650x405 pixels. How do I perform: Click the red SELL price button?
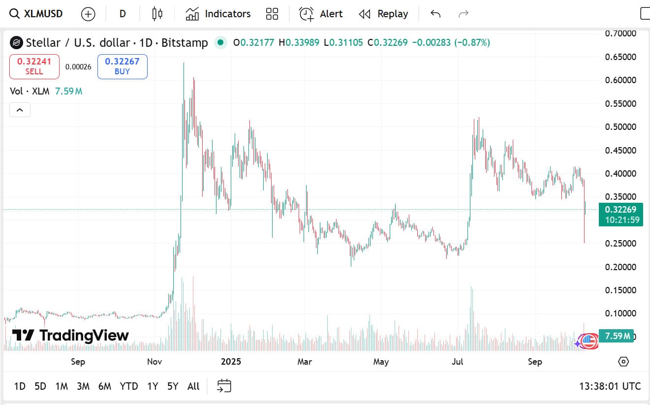tap(34, 66)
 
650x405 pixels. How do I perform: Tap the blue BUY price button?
tap(122, 66)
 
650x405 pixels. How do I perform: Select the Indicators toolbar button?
tap(218, 14)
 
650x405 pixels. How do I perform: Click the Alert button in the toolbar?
tap(321, 14)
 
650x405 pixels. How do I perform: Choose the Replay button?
tap(383, 14)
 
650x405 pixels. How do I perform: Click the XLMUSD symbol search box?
tap(37, 14)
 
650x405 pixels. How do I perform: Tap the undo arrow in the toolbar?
tap(435, 14)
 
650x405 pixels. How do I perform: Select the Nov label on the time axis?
tap(155, 362)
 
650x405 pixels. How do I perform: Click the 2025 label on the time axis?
tap(231, 362)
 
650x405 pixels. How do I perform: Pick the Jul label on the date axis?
tap(458, 362)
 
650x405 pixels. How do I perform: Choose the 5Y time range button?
tap(173, 386)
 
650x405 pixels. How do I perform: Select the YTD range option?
tap(129, 386)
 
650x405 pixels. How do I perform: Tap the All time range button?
tap(193, 386)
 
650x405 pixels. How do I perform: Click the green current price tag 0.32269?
tap(620, 210)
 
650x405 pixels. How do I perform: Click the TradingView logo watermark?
tap(70, 336)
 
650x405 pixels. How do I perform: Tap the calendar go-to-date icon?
tap(224, 386)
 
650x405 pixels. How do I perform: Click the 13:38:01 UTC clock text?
tap(610, 386)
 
